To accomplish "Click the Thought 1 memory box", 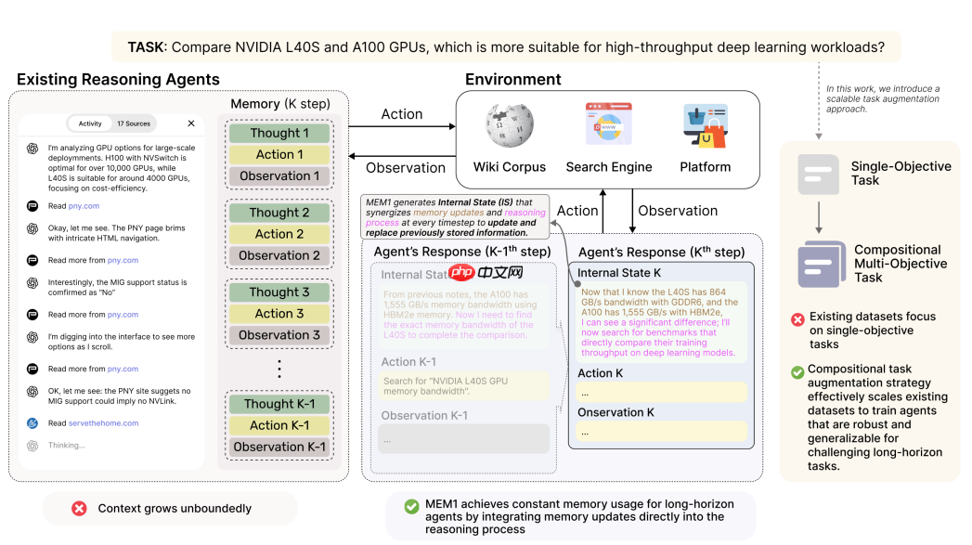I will tap(279, 133).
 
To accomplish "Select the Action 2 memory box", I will tap(279, 234).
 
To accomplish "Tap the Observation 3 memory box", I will tap(279, 335).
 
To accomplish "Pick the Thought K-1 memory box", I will tap(279, 404).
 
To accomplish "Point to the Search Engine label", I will tap(609, 167).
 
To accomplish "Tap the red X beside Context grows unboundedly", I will tap(79, 509).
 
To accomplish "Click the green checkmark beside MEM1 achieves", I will tap(410, 507).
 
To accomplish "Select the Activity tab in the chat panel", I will tap(90, 123).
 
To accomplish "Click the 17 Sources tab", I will tap(134, 123).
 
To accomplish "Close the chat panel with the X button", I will tap(191, 123).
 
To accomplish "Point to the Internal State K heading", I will tap(619, 273).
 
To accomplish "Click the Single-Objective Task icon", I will tap(818, 174).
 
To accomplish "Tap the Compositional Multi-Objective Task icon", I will tap(822, 265).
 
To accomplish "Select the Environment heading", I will tap(512, 79).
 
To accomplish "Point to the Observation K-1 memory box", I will tap(279, 447).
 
